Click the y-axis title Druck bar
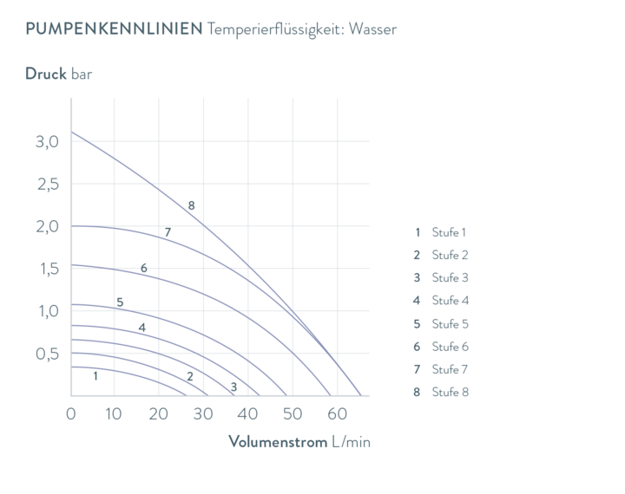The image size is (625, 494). tap(58, 74)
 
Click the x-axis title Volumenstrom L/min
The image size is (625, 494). tap(299, 441)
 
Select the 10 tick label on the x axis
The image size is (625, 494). tap(114, 413)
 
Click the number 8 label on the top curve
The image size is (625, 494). tap(192, 205)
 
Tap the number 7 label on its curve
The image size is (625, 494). tap(168, 231)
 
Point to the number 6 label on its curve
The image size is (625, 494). tap(144, 268)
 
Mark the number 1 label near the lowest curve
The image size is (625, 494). tap(95, 375)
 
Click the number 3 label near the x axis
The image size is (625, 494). tap(233, 387)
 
